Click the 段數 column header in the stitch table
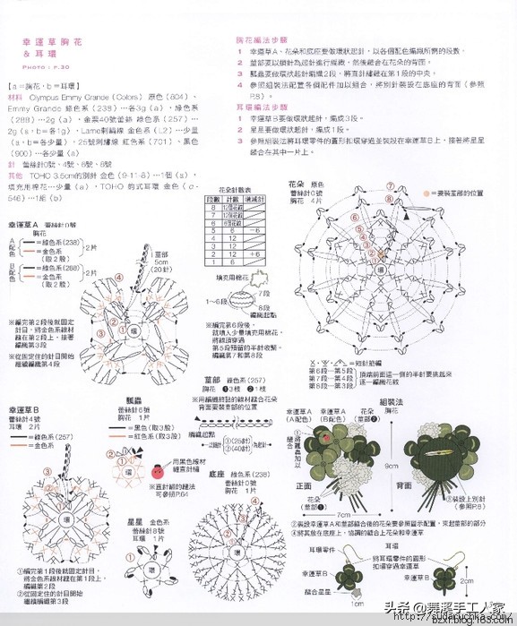[211, 199]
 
